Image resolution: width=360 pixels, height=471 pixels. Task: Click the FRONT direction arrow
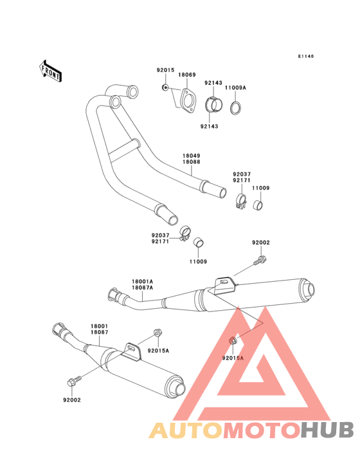pyautogui.click(x=50, y=71)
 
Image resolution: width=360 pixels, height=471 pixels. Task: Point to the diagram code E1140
pyautogui.click(x=306, y=56)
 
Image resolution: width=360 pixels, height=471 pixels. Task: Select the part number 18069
pyautogui.click(x=187, y=75)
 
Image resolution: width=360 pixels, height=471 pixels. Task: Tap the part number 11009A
pyautogui.click(x=235, y=88)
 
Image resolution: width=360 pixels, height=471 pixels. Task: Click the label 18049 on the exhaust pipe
pyautogui.click(x=192, y=156)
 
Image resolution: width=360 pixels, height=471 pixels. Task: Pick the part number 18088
pyautogui.click(x=192, y=162)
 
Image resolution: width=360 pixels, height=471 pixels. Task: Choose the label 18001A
pyautogui.click(x=142, y=281)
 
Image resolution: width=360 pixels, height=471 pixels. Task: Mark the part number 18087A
pyautogui.click(x=142, y=288)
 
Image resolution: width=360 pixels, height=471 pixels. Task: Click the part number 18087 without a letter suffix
pyautogui.click(x=99, y=333)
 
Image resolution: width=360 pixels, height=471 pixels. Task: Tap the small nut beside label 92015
pyautogui.click(x=164, y=88)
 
